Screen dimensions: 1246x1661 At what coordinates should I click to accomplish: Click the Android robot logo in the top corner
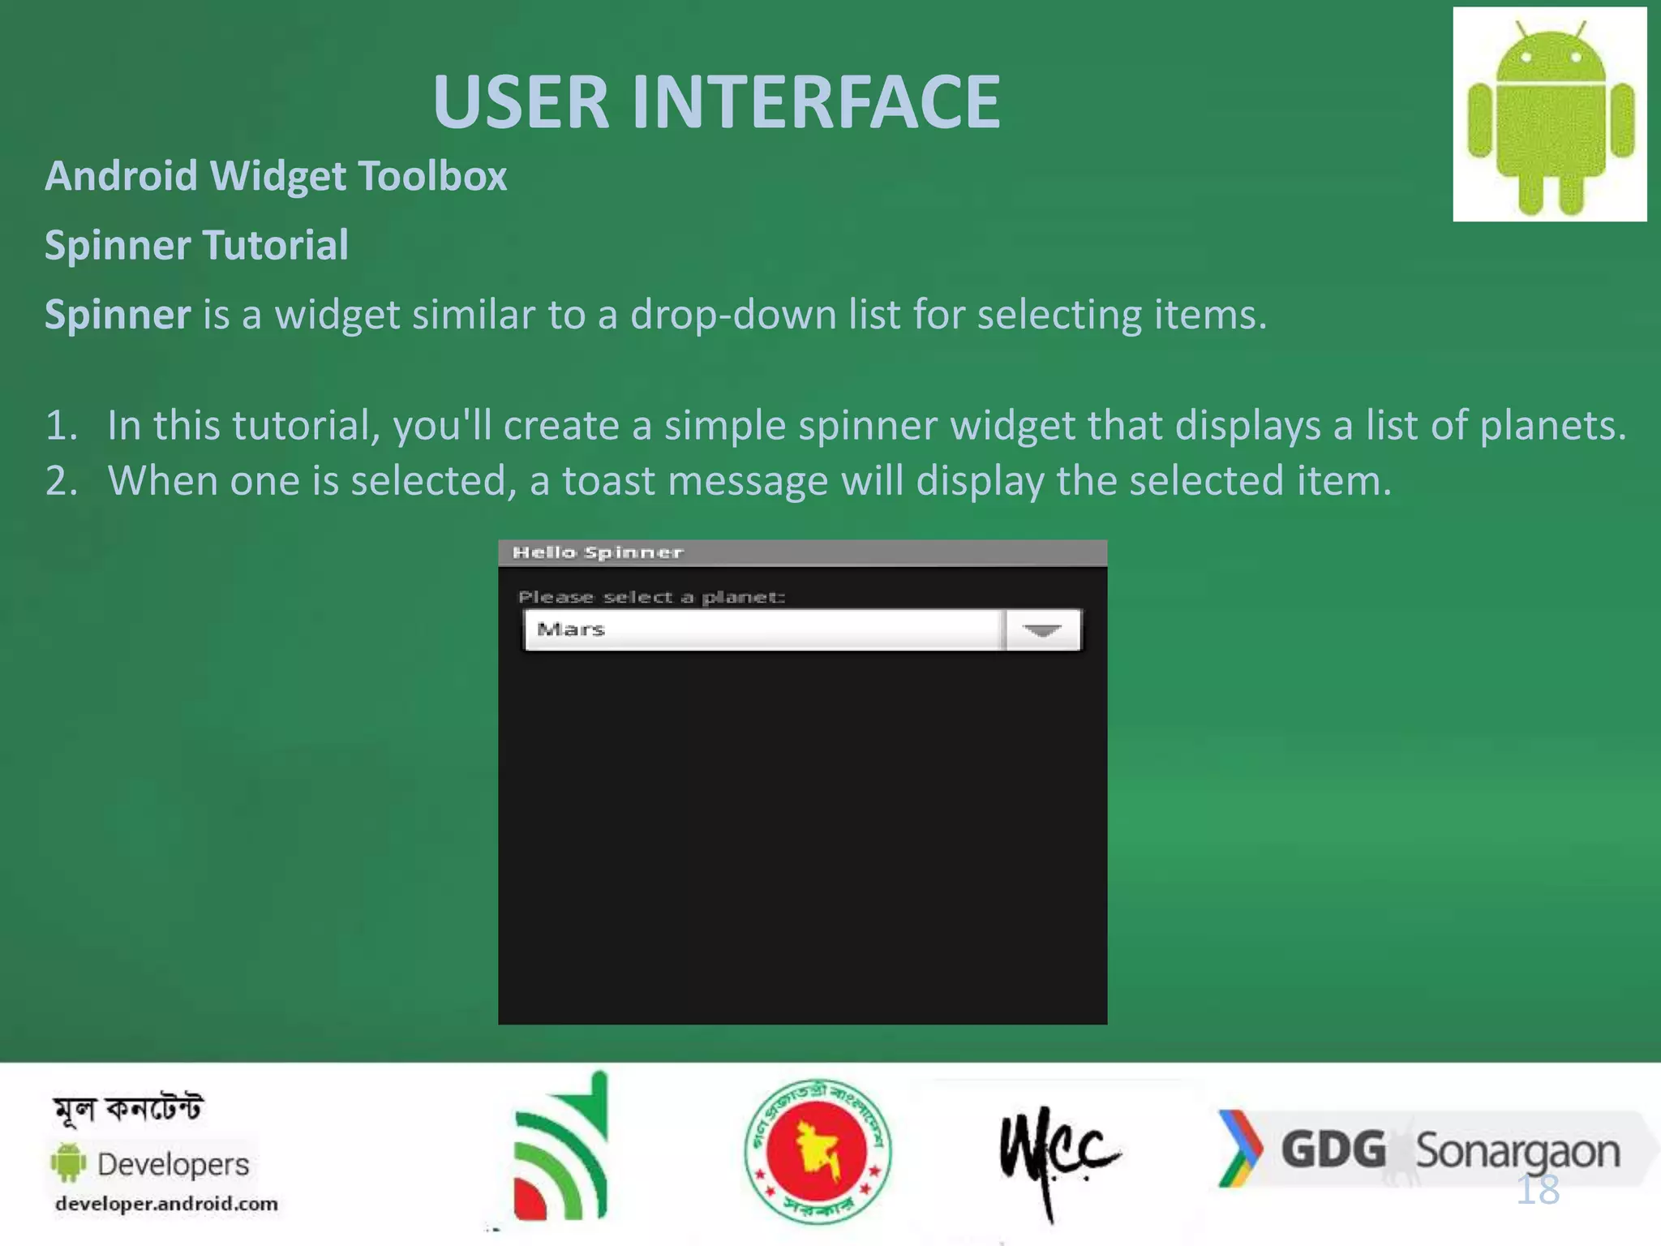tap(1550, 115)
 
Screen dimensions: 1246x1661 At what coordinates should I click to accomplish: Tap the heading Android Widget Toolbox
tap(276, 176)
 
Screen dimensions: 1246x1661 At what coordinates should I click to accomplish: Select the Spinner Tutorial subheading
tap(196, 245)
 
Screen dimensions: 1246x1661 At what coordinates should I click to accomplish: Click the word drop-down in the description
tap(733, 315)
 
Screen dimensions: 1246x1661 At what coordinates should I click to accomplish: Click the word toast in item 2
tap(608, 481)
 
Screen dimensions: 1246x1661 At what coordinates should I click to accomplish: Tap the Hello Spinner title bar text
tap(598, 552)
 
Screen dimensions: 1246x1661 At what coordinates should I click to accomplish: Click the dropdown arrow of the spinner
tap(1042, 630)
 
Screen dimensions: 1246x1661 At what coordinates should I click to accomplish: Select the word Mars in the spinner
tap(571, 629)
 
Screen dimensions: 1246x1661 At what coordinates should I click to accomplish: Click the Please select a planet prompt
tap(651, 597)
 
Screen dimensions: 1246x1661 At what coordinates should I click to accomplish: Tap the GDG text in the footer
tap(1333, 1150)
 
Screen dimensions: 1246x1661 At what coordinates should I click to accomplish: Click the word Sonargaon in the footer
tap(1517, 1152)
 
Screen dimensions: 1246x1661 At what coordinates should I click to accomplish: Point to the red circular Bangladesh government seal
tap(818, 1150)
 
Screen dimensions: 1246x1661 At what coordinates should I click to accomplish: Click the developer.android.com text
tap(166, 1204)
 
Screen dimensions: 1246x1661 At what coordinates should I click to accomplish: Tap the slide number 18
tap(1538, 1190)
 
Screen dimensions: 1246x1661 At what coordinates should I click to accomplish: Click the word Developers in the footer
tap(173, 1164)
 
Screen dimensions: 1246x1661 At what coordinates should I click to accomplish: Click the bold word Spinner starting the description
tap(118, 315)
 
